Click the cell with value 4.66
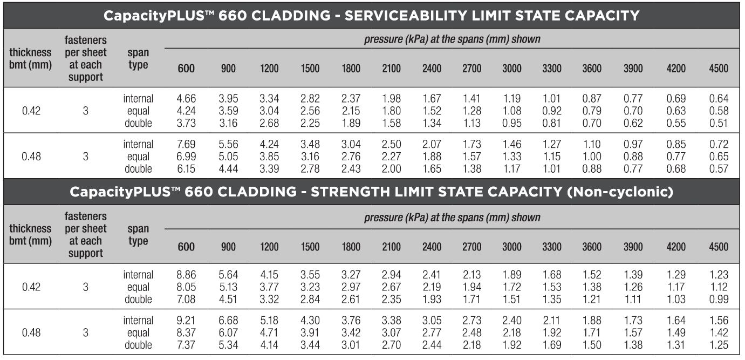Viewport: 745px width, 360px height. (186, 99)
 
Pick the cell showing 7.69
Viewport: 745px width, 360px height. (186, 145)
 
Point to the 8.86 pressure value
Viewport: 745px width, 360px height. (186, 275)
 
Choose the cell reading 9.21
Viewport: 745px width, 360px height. (186, 321)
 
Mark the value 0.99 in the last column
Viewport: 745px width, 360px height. (719, 300)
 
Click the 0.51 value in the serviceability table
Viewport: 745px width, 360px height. (719, 123)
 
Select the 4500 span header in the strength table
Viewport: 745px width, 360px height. (719, 247)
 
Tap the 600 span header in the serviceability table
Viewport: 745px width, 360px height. (186, 69)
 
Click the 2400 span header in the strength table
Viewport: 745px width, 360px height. (432, 247)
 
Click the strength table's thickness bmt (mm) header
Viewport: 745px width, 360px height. (31, 235)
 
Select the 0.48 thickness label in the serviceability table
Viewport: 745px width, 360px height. (31, 157)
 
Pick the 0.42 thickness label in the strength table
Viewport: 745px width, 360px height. (31, 287)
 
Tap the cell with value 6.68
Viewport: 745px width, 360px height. (228, 321)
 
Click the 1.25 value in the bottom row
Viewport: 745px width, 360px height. (719, 345)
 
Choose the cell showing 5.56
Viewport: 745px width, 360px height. (228, 145)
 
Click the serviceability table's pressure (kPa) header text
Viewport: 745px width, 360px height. (452, 39)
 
